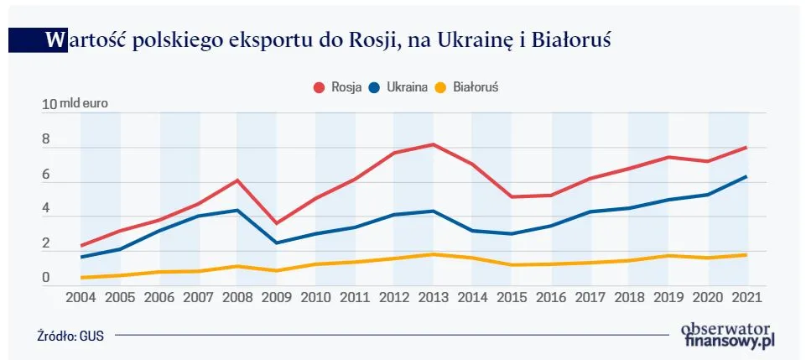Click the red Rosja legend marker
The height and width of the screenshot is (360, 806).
319,86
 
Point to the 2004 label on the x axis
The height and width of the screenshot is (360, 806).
81,298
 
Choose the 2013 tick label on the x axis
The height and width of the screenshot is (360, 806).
433,298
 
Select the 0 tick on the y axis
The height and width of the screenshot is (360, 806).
46,278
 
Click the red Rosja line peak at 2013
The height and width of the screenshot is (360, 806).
432,144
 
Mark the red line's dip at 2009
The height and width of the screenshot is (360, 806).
277,223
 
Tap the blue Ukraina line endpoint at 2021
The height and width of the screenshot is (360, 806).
746,176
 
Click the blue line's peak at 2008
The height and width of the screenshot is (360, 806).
238,211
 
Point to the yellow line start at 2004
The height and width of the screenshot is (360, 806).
81,278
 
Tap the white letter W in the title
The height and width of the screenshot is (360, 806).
55,39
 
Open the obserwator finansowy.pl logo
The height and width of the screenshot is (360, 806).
727,335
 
